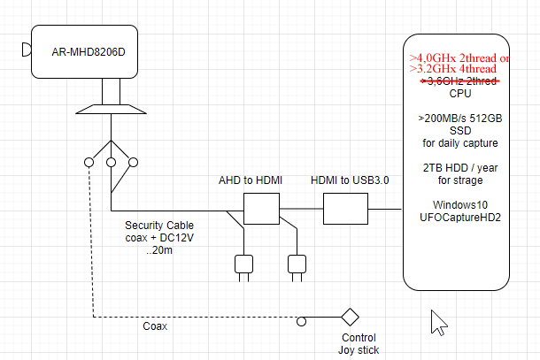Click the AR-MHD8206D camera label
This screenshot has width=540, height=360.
89,52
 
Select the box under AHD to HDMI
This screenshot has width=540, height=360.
261,211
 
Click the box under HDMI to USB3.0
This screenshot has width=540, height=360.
345,211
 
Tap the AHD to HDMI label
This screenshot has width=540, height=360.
251,180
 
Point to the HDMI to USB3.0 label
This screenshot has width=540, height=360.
351,180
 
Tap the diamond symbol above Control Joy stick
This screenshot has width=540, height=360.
350,317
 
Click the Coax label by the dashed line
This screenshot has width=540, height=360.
155,326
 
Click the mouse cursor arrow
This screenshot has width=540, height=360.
438,322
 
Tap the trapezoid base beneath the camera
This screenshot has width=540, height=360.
111,109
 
